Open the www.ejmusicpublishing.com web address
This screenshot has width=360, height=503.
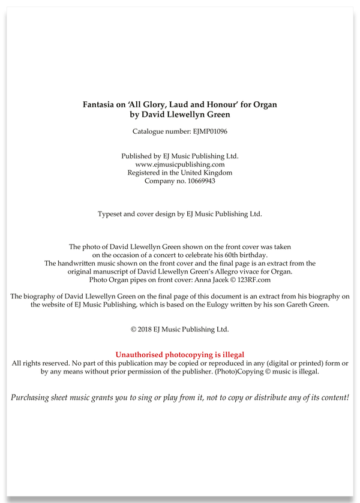(179, 164)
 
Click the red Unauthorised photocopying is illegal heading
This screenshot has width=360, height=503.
(179, 355)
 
